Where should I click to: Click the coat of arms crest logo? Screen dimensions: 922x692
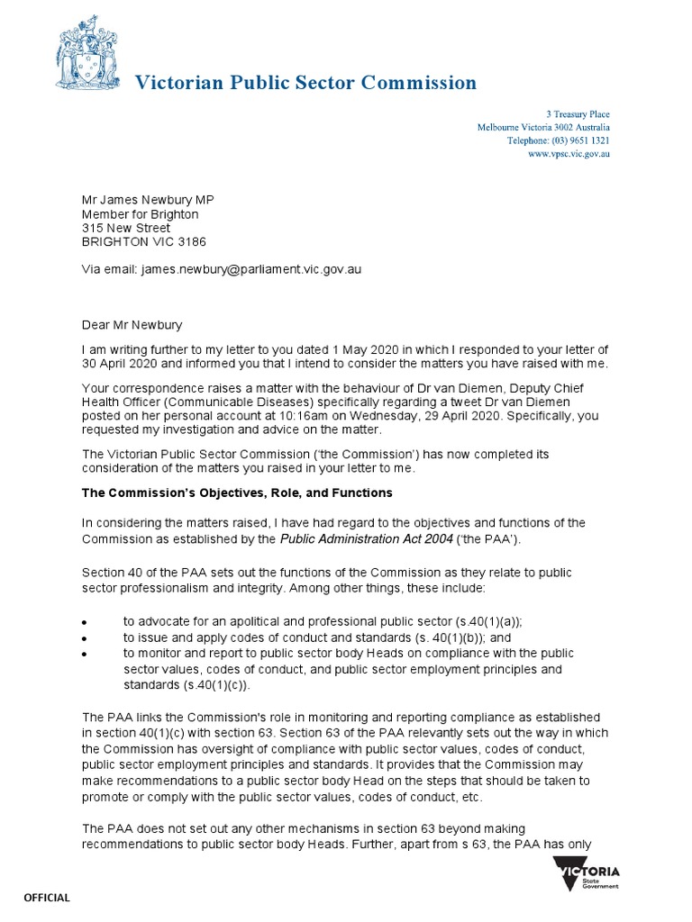tap(86, 58)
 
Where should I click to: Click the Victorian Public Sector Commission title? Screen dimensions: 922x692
tap(305, 84)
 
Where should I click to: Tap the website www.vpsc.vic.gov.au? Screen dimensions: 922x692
tap(569, 155)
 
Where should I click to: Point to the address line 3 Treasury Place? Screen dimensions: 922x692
tap(578, 114)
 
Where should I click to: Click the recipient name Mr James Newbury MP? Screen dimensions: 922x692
tap(149, 200)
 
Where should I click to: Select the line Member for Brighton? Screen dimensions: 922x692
tap(140, 214)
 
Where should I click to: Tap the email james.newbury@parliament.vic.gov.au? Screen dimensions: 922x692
tap(250, 269)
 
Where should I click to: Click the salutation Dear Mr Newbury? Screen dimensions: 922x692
tap(132, 324)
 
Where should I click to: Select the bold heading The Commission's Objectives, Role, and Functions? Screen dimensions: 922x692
tap(237, 493)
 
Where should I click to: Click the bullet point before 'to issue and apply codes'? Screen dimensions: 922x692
tap(85, 638)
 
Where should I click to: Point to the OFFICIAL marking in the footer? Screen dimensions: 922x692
tap(46, 898)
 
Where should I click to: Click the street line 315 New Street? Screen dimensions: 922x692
tap(126, 228)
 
